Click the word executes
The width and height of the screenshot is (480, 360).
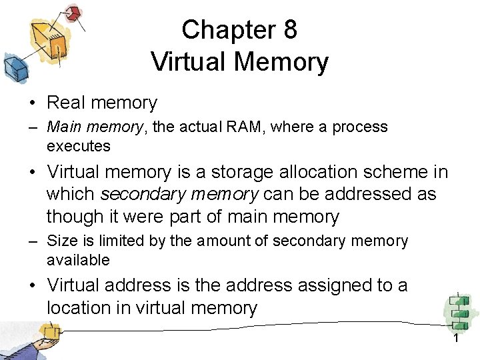[79, 145]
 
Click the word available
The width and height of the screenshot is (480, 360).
[78, 259]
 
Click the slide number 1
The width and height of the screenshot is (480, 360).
[456, 339]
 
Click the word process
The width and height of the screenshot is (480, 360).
[360, 127]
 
